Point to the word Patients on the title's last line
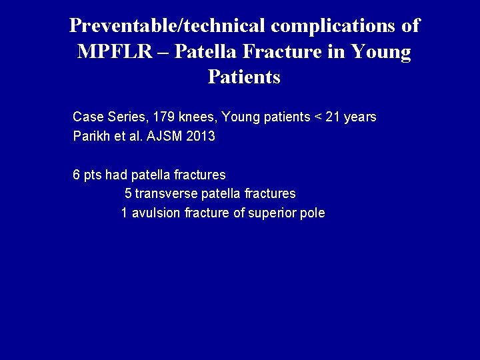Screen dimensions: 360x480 (x=244, y=77)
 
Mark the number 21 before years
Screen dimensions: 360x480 (x=333, y=117)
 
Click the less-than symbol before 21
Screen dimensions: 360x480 (x=318, y=117)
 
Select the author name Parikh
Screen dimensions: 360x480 (x=90, y=137)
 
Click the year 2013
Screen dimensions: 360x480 (x=201, y=137)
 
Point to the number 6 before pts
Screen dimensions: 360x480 (x=76, y=175)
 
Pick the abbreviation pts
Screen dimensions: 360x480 (x=93, y=175)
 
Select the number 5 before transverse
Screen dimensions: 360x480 (x=128, y=194)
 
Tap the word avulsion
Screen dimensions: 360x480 (x=156, y=214)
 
